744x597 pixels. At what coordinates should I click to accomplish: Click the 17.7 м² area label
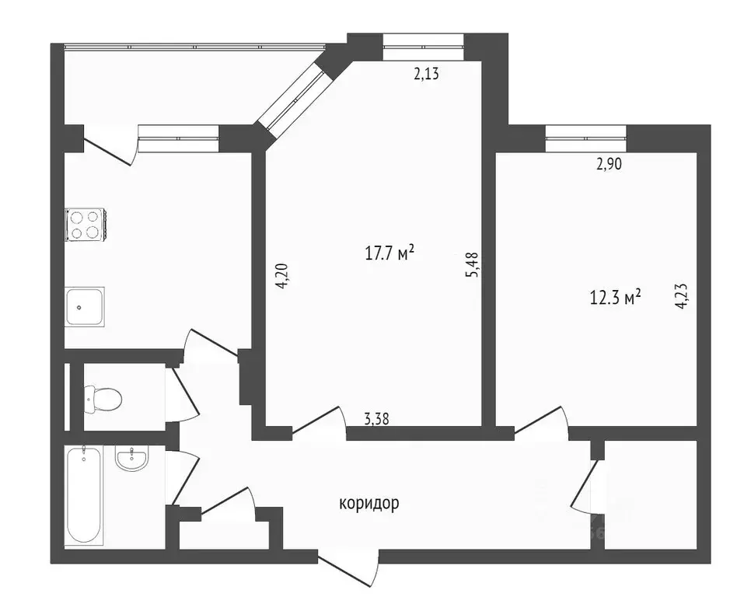[389, 253]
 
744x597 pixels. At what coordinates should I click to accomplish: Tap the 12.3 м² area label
[616, 296]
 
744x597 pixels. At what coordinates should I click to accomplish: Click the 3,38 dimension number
[377, 418]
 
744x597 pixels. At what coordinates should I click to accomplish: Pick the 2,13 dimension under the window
[427, 75]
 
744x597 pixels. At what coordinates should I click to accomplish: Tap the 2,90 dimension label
[609, 163]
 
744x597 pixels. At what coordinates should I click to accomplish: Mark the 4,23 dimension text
[681, 296]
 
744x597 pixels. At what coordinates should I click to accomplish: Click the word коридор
[369, 504]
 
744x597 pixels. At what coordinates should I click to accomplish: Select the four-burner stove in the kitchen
[85, 225]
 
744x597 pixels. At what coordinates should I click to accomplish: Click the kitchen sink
[84, 305]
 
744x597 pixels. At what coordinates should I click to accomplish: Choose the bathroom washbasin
[132, 459]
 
